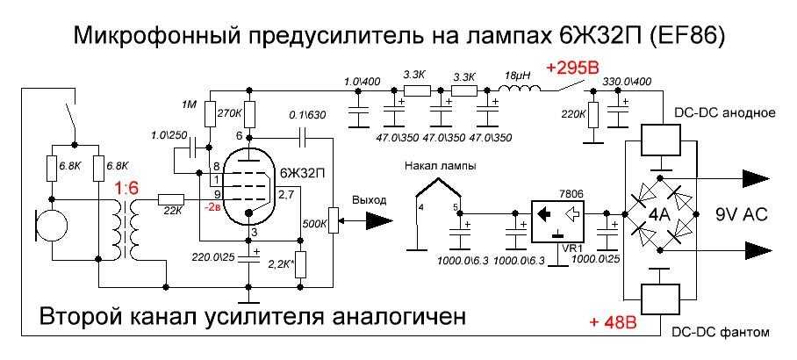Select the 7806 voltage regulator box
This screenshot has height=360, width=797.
[556, 216]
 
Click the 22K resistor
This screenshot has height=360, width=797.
[170, 201]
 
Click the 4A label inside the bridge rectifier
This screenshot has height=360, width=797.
[660, 213]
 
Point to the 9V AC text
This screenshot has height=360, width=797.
[736, 212]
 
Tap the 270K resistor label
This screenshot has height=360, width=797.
[229, 112]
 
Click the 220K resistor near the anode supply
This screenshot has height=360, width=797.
[592, 114]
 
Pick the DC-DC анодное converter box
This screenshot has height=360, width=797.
[661, 140]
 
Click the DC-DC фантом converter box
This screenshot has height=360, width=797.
[661, 298]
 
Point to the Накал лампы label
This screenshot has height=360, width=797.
[434, 165]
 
